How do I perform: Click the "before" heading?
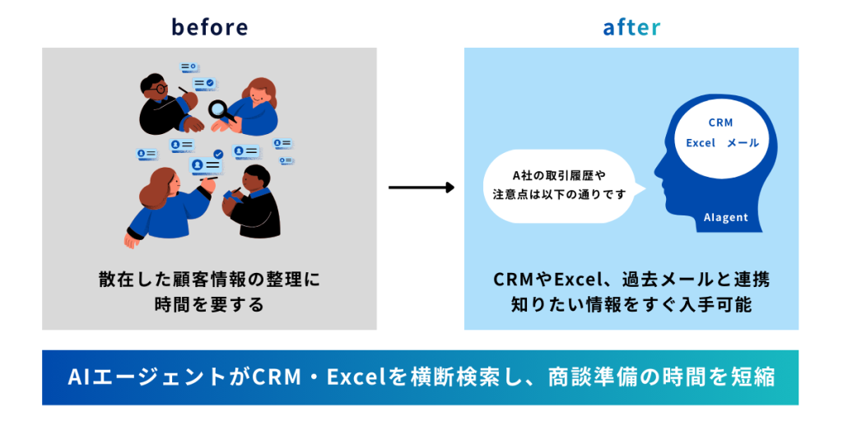pyautogui.click(x=209, y=27)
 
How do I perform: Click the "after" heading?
pyautogui.click(x=631, y=27)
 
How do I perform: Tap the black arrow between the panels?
pyautogui.click(x=421, y=187)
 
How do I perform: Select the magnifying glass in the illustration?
pyautogui.click(x=221, y=110)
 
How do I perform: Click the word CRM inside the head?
pyautogui.click(x=720, y=123)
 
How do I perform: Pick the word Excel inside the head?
pyautogui.click(x=701, y=143)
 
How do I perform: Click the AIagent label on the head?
pyautogui.click(x=725, y=217)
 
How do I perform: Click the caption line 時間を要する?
pyautogui.click(x=209, y=304)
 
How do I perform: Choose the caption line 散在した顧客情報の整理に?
pyautogui.click(x=209, y=280)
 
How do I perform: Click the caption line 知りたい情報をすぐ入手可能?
pyautogui.click(x=631, y=304)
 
